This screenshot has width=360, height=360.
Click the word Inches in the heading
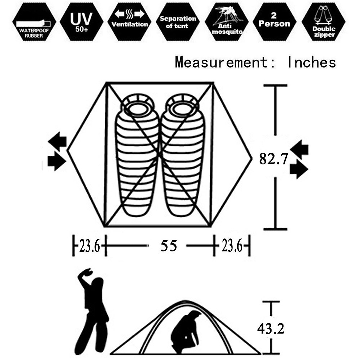(312, 62)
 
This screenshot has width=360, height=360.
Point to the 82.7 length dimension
(273, 159)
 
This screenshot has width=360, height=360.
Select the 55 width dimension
(169, 246)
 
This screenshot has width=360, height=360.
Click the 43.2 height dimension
(271, 329)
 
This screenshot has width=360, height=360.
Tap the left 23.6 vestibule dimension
(89, 246)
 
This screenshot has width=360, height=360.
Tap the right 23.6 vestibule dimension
(232, 246)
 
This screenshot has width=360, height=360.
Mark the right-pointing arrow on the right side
(299, 169)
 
